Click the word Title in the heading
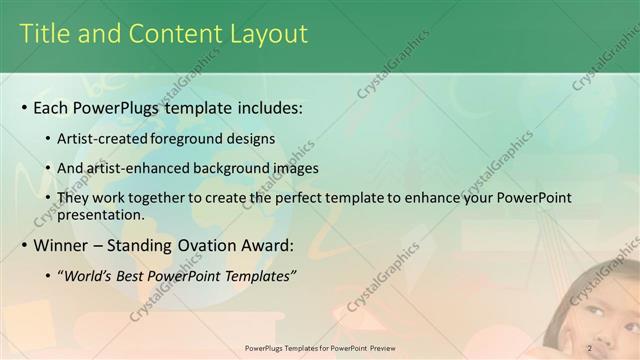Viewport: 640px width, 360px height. pos(46,34)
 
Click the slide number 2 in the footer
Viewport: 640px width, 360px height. pos(590,348)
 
